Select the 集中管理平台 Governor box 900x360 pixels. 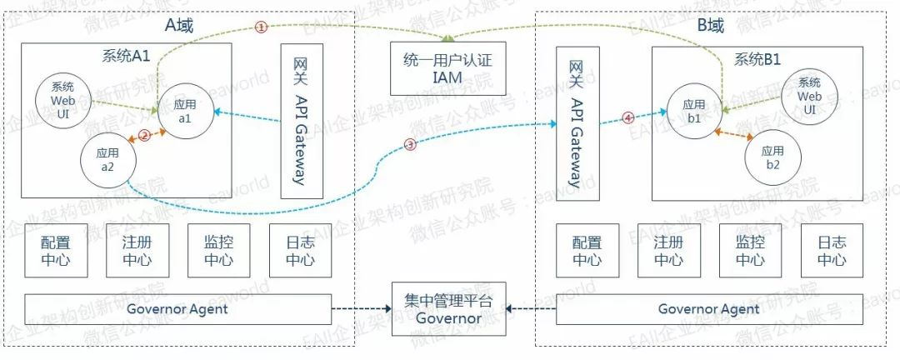[448, 309]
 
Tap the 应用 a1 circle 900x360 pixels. [184, 112]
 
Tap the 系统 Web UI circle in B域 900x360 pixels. [809, 97]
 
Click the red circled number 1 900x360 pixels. [261, 27]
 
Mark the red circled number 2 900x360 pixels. [144, 135]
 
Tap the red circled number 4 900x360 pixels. [628, 118]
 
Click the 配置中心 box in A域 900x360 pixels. [56, 251]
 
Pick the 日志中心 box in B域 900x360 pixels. [832, 251]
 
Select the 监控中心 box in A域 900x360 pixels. [218, 251]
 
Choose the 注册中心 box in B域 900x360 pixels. [668, 251]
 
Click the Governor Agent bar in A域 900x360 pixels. [177, 309]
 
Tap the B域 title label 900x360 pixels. [710, 26]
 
